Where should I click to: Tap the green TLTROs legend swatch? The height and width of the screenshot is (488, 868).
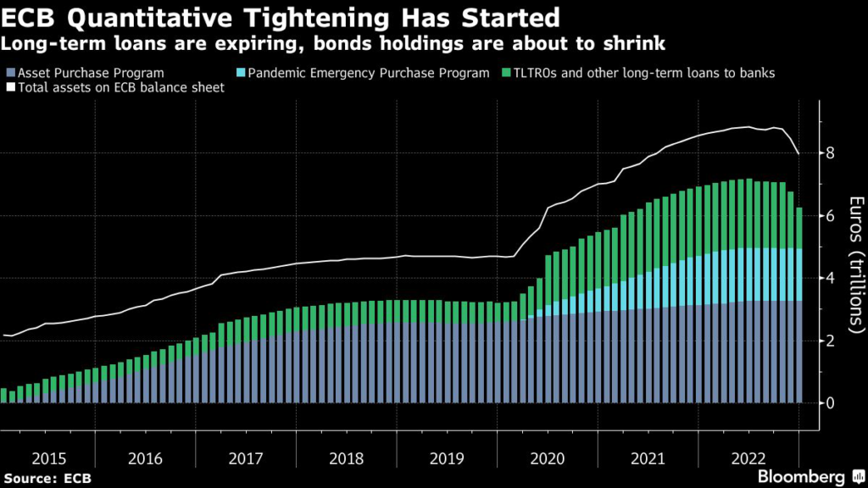(x=507, y=73)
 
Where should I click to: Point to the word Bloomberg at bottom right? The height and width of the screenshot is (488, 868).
(x=801, y=475)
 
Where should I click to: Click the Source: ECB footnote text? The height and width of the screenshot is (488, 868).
(x=47, y=479)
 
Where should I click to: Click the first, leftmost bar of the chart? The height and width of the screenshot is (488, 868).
(x=3, y=396)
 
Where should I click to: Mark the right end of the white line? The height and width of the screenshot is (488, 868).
(x=798, y=153)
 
